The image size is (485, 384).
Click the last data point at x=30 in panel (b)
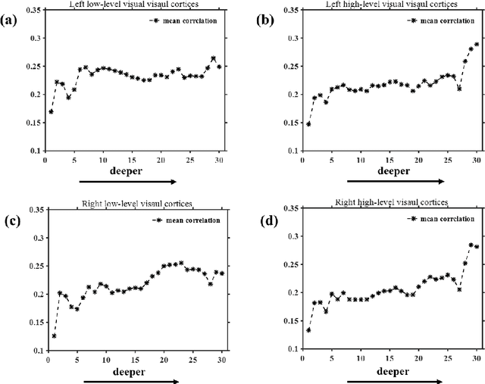[x=476, y=45]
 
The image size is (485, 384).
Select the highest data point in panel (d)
[x=471, y=245]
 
